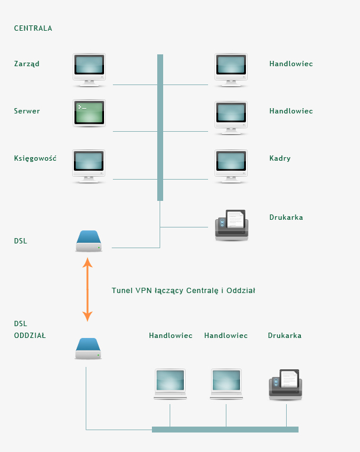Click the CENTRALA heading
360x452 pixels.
pyautogui.click(x=33, y=28)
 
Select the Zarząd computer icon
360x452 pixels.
pyautogui.click(x=89, y=70)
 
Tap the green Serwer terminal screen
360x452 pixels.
pyautogui.click(x=89, y=113)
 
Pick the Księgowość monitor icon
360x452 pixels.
pyautogui.click(x=89, y=167)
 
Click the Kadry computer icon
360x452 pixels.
pyautogui.click(x=231, y=167)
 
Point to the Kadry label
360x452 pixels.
pyautogui.click(x=280, y=158)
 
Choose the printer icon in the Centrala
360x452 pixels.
pyautogui.click(x=232, y=225)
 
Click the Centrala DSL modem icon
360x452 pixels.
pyautogui.click(x=89, y=241)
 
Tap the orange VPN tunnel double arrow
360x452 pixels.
pyautogui.click(x=87, y=290)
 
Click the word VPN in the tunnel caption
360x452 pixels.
pyautogui.click(x=144, y=290)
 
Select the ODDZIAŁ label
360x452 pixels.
pyautogui.click(x=30, y=336)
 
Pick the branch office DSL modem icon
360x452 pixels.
pyautogui.click(x=88, y=349)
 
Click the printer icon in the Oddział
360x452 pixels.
pyautogui.click(x=286, y=385)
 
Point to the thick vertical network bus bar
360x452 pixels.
pyautogui.click(x=160, y=128)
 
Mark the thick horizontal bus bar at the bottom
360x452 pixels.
pyautogui.click(x=225, y=430)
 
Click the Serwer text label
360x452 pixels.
pyautogui.click(x=27, y=111)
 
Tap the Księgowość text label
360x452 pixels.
pyautogui.click(x=35, y=158)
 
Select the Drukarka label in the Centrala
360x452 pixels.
pyautogui.click(x=286, y=217)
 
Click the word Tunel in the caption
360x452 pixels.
pyautogui.click(x=122, y=290)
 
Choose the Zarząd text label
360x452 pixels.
pyautogui.click(x=27, y=64)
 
